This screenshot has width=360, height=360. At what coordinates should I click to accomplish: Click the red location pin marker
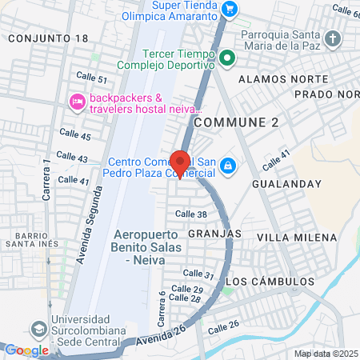pyautogui.click(x=180, y=162)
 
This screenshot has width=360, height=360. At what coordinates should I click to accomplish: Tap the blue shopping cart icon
pyautogui.click(x=230, y=9)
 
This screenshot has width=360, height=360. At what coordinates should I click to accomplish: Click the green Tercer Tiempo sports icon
pyautogui.click(x=227, y=58)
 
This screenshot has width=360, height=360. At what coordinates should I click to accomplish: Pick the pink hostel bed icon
pyautogui.click(x=77, y=101)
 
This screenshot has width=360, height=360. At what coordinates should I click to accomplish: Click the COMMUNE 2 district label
pyautogui.click(x=237, y=122)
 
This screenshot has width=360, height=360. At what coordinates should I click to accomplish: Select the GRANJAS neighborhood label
pyautogui.click(x=215, y=233)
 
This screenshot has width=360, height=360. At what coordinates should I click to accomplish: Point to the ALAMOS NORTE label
pyautogui.click(x=275, y=79)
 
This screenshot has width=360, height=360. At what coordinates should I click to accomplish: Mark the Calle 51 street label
pyautogui.click(x=91, y=78)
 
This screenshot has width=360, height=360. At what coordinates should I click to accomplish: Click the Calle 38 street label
pyautogui.click(x=190, y=214)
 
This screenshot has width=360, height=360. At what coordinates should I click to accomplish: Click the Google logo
pyautogui.click(x=26, y=350)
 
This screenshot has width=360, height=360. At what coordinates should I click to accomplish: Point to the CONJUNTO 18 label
pyautogui.click(x=48, y=38)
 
